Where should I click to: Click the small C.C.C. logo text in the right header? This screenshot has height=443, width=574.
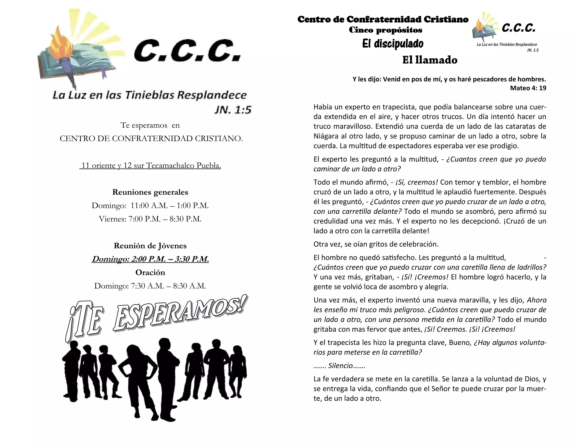pyautogui.click(x=519, y=28)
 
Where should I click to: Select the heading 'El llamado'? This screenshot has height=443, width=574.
pyautogui.click(x=430, y=60)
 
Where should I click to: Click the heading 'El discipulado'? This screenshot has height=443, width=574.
pyautogui.click(x=393, y=44)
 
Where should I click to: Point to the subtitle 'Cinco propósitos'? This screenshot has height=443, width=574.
pyautogui.click(x=385, y=30)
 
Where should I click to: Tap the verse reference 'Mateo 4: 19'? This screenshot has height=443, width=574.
pyautogui.click(x=528, y=88)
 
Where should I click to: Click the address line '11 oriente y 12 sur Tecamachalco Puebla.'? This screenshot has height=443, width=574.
pyautogui.click(x=151, y=165)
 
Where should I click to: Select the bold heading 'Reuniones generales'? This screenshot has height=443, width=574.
pyautogui.click(x=150, y=192)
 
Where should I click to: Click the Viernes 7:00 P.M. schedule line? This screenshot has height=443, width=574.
pyautogui.click(x=150, y=219)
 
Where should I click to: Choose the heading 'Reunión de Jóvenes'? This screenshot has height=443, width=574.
pyautogui.click(x=150, y=246)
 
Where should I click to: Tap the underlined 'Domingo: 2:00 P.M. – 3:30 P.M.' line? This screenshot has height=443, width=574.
pyautogui.click(x=150, y=259)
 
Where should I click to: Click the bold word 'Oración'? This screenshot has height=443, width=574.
pyautogui.click(x=150, y=272)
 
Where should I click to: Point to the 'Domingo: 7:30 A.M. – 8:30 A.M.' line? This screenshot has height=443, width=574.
pyautogui.click(x=150, y=286)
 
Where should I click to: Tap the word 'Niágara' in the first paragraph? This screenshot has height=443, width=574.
pyautogui.click(x=325, y=136)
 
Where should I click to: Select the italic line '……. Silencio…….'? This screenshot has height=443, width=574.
pyautogui.click(x=339, y=365)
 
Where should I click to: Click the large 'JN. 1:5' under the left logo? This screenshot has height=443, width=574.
pyautogui.click(x=233, y=110)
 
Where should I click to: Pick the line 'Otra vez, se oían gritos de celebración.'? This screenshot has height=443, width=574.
pyautogui.click(x=376, y=244)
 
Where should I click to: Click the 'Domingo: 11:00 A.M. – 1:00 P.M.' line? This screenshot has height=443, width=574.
pyautogui.click(x=150, y=206)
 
